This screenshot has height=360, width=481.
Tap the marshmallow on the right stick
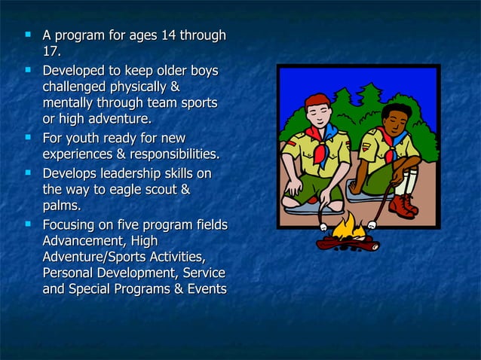[x=372, y=224]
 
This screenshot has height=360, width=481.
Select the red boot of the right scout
[x=403, y=206]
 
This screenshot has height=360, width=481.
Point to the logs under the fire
[x=347, y=243]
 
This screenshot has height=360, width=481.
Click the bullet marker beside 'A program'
[x=29, y=35]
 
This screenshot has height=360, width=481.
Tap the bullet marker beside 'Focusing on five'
[x=29, y=224]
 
